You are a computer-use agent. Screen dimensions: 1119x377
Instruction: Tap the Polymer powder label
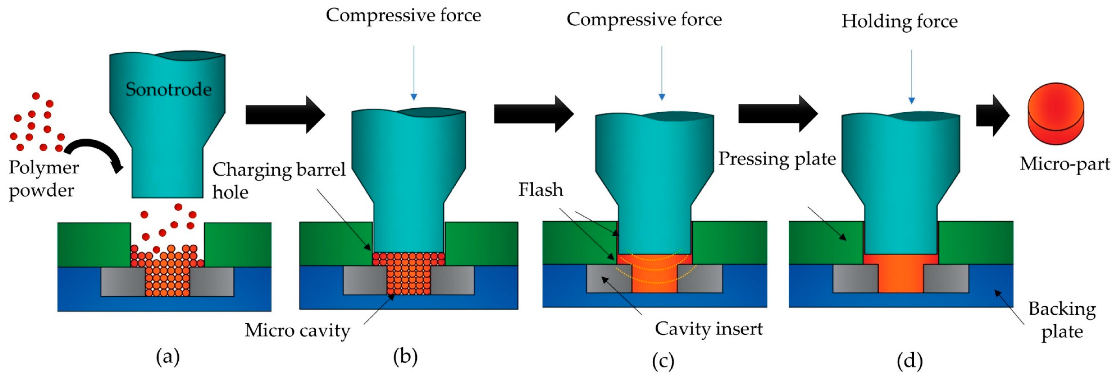[x=44, y=179]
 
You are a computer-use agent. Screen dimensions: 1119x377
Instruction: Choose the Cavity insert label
[x=708, y=329]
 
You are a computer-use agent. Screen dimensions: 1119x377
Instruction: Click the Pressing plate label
[x=777, y=159]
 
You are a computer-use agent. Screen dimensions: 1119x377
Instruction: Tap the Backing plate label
[x=1062, y=320]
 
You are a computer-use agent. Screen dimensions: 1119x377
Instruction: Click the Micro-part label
[x=1064, y=164]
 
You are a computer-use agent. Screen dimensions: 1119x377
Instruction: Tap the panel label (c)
[x=663, y=361]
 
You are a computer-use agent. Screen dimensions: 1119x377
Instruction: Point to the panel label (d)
[x=910, y=361]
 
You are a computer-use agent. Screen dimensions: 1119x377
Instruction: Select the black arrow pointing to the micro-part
[x=993, y=116]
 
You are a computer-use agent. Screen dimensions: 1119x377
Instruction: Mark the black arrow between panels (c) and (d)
[x=778, y=114]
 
